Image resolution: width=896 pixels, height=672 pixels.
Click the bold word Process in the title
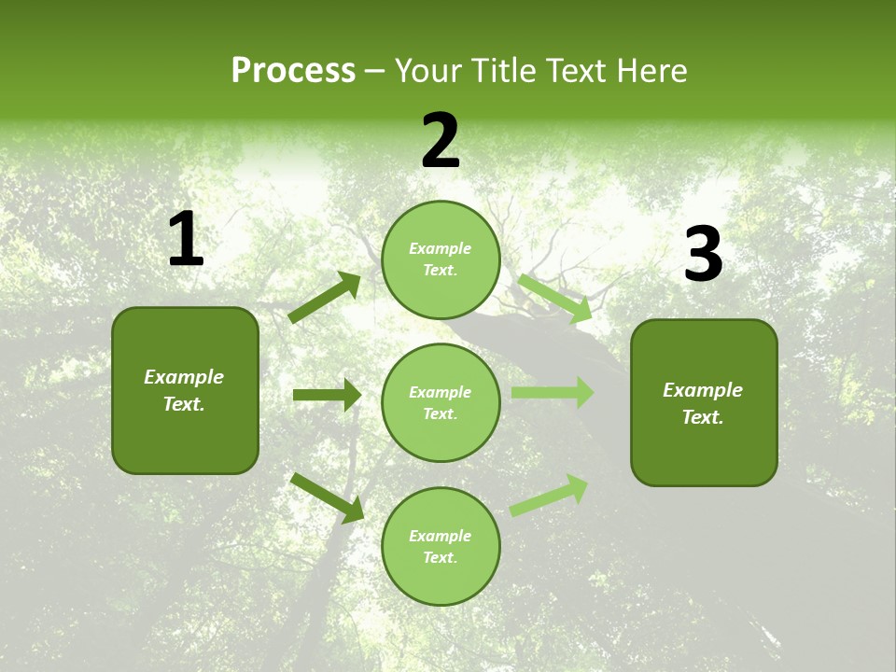point(293,71)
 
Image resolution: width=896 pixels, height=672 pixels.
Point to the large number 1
point(185,239)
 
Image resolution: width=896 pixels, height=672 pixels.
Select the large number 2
point(441,141)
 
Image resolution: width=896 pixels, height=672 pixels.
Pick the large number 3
point(703,255)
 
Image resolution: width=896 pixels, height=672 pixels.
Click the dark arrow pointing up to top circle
point(325,298)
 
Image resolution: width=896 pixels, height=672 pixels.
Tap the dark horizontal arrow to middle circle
point(327,395)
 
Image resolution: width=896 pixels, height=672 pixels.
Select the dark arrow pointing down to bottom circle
point(327,497)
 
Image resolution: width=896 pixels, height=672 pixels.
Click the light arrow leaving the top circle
point(555,298)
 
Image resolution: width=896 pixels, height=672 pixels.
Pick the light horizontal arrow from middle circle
point(552,393)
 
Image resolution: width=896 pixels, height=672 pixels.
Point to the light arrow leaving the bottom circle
point(549,495)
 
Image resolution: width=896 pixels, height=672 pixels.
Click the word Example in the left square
point(184,377)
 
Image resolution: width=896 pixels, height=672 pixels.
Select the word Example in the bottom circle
point(441,536)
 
